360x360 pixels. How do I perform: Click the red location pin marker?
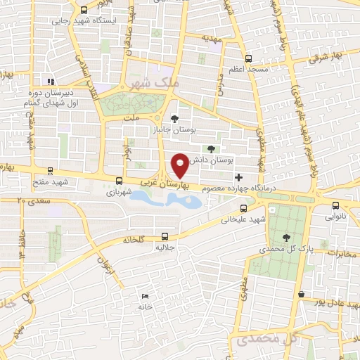pos(181,165)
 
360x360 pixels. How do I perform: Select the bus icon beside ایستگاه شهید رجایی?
pos(84,11)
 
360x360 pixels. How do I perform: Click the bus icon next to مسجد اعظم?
pos(247,58)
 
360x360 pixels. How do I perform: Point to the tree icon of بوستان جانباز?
pos(175,119)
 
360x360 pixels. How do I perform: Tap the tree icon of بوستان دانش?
pos(210,148)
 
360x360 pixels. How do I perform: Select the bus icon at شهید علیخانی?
pos(244,208)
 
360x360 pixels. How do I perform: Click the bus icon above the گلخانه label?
pos(165,236)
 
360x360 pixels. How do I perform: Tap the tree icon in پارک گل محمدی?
pos(285,237)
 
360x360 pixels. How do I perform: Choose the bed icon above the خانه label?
pos(145,297)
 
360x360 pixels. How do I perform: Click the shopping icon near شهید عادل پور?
pos(301,294)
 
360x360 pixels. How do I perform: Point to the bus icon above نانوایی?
pos(335,205)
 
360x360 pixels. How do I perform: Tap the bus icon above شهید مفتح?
pos(50,170)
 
